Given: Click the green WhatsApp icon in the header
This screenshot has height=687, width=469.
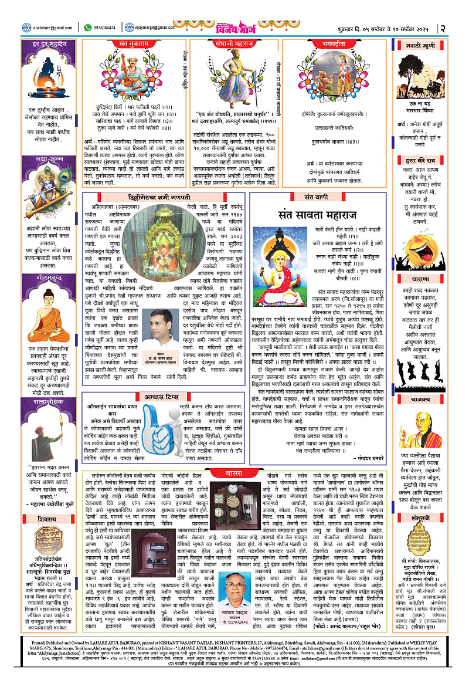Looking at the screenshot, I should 88,27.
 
